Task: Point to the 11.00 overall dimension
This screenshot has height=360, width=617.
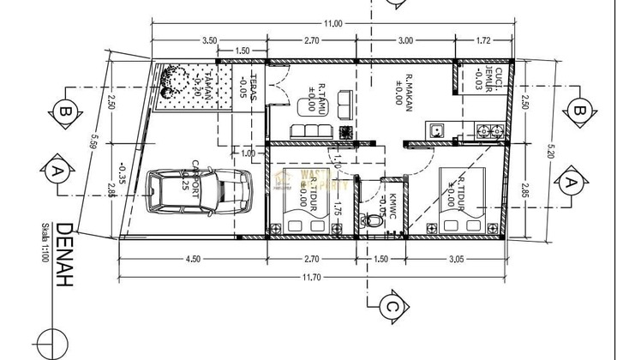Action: (332, 23)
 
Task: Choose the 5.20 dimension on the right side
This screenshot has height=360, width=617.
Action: (550, 152)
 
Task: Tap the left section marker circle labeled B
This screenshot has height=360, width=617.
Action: (63, 110)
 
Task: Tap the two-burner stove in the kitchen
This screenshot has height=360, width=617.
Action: (489, 131)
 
